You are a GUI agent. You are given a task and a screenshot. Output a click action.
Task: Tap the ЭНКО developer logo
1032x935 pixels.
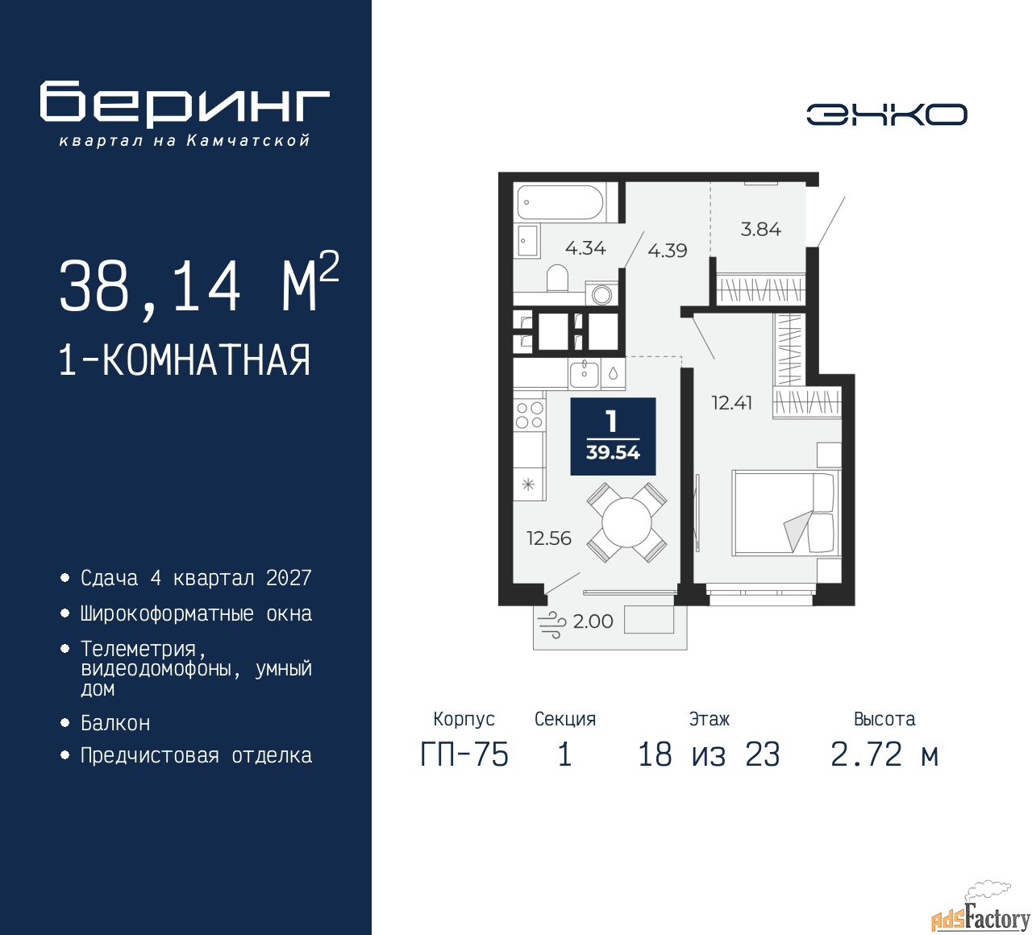886,114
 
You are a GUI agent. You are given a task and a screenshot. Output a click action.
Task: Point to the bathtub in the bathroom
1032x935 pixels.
560,202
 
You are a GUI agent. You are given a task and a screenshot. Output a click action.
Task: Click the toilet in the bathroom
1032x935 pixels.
556,278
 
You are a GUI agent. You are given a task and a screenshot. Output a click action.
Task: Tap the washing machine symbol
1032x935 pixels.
601,294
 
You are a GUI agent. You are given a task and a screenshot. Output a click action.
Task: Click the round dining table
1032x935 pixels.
626,522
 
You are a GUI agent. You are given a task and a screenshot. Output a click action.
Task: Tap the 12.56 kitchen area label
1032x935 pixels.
549,538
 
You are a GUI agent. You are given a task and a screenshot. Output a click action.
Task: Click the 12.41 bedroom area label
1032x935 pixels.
731,403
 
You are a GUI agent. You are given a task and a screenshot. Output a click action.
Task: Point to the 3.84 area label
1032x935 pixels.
761,229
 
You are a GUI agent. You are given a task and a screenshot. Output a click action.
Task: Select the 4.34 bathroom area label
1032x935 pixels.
585,248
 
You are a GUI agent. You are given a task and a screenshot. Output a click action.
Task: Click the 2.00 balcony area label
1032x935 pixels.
593,621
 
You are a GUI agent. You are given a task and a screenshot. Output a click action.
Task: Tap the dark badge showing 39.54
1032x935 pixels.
613,436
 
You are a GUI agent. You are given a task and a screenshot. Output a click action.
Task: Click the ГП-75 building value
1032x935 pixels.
464,754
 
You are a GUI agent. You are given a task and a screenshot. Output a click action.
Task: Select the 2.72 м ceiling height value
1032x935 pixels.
884,754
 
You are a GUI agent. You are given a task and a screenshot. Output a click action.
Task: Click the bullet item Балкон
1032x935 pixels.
115,724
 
